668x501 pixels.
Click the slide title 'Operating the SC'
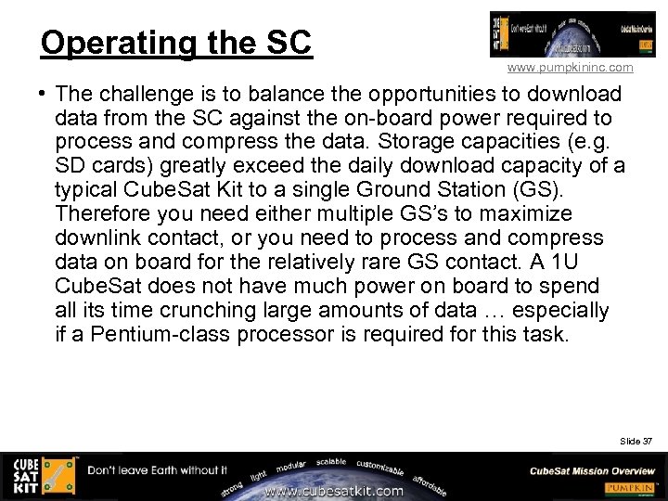pyautogui.click(x=176, y=43)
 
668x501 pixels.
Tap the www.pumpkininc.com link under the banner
pyautogui.click(x=570, y=68)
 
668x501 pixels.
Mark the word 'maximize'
pyautogui.click(x=527, y=214)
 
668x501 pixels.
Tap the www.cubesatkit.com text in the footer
pyautogui.click(x=334, y=491)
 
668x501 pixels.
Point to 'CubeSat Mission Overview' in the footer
pyautogui.click(x=592, y=470)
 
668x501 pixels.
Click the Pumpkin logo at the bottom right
pyautogui.click(x=630, y=488)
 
